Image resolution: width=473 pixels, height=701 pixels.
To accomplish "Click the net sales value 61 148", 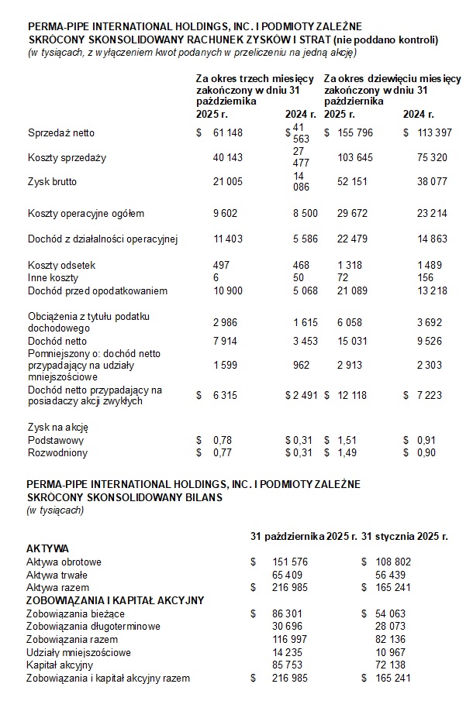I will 227,132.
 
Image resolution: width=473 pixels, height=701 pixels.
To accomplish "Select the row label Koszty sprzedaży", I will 67,157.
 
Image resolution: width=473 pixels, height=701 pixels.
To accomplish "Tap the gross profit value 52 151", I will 355,182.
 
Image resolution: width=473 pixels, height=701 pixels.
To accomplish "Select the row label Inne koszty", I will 52,277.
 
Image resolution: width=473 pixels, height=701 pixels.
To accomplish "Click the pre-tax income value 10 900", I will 227,290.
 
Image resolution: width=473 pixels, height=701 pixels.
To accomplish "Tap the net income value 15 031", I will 355,341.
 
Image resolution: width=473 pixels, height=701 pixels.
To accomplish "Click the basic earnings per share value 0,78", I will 222,440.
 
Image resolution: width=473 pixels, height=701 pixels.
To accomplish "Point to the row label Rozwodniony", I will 57,452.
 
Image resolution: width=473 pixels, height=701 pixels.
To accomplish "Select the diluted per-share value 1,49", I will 349,452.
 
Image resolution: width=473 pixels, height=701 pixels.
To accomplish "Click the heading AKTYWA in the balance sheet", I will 48,548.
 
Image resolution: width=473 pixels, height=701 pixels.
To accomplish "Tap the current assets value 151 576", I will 291,562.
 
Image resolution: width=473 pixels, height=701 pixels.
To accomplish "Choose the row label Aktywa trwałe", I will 57,575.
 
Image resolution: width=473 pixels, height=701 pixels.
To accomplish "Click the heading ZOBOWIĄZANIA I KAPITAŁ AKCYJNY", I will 116,600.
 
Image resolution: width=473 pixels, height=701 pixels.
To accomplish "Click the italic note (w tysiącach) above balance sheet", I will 55,510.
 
